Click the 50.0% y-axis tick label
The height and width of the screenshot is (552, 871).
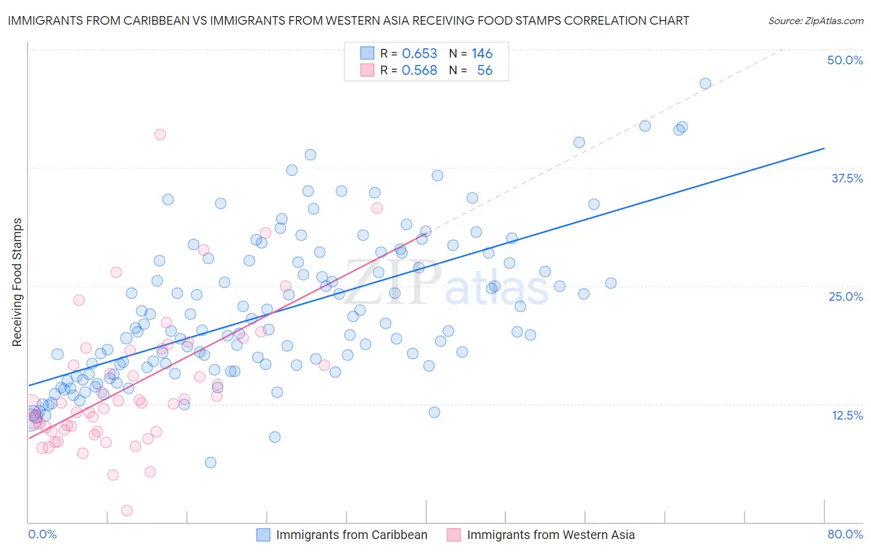click(x=845, y=60)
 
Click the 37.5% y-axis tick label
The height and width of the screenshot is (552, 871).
click(x=847, y=178)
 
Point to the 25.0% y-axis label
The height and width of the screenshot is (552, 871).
click(x=846, y=296)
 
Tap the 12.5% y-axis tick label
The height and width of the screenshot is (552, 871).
click(x=847, y=415)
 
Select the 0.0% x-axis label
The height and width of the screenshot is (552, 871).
click(x=42, y=534)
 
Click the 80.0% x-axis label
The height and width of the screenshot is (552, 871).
click(x=845, y=534)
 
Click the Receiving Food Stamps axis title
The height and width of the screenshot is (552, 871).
click(x=17, y=282)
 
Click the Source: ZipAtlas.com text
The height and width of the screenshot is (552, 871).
click(x=815, y=21)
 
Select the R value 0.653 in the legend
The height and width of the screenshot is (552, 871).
click(x=419, y=54)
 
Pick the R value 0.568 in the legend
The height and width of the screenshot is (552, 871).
click(x=419, y=71)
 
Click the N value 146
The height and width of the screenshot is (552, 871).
click(x=482, y=54)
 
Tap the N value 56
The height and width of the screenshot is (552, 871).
click(x=484, y=71)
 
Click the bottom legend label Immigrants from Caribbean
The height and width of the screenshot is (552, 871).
click(x=351, y=535)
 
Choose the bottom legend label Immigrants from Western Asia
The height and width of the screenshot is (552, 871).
click(x=550, y=535)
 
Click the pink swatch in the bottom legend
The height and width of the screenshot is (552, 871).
click(x=453, y=535)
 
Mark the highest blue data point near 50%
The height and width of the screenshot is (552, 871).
click(x=705, y=84)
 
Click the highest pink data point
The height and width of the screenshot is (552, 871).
click(x=160, y=134)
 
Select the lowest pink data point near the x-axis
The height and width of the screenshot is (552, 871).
click(x=127, y=511)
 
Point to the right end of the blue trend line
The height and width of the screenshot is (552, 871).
click(x=824, y=149)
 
